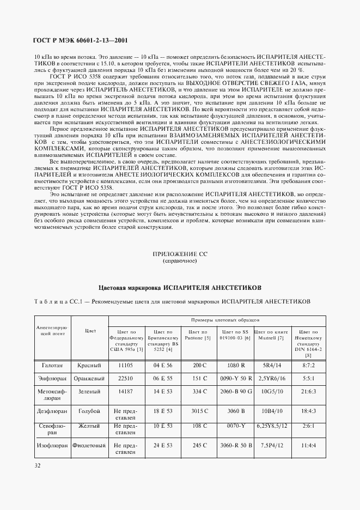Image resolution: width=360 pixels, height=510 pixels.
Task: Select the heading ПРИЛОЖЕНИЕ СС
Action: [x=180, y=254]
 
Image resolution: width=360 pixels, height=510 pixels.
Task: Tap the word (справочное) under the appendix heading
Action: [x=180, y=262]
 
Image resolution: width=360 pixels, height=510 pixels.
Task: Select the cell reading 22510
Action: [x=125, y=377]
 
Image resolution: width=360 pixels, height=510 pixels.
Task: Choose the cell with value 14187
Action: [x=125, y=391]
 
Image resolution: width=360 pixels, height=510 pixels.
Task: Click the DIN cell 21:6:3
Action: [x=308, y=391]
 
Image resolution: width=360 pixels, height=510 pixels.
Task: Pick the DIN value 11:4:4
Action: [x=308, y=445]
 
